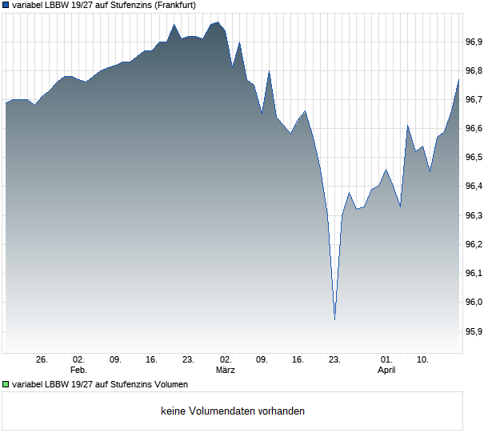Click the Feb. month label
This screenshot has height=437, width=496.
78,371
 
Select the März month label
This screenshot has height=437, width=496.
226,371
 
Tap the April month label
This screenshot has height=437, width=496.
386,371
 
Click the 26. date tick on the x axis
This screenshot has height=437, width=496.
42,360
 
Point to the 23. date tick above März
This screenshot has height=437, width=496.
189,360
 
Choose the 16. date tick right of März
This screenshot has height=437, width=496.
298,360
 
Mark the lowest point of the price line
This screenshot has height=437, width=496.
334,319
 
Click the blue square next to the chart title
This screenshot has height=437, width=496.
6,6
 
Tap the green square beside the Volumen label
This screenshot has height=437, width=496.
6,385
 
